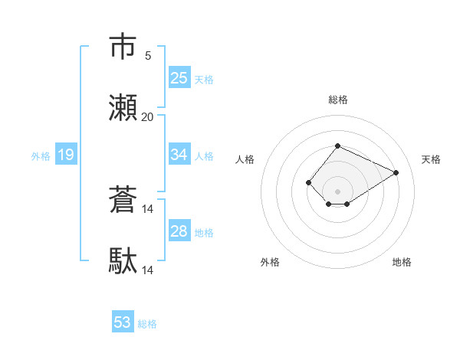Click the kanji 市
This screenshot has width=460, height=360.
[123, 47]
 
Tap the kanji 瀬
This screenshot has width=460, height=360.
[123, 108]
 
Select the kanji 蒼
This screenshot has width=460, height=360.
[123, 200]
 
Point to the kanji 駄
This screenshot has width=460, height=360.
[123, 261]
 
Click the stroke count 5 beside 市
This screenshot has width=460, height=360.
[148, 55]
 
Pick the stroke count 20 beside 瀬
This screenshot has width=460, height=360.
[148, 116]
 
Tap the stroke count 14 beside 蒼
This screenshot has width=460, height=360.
[148, 208]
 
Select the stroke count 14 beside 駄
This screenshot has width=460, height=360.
[148, 270]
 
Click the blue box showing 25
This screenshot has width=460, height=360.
[179, 77]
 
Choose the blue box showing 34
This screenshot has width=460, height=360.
[179, 155]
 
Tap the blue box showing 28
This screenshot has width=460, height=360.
[179, 231]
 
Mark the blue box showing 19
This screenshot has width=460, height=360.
[66, 155]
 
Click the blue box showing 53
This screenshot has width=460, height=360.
[123, 322]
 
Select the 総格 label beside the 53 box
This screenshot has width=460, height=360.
[147, 324]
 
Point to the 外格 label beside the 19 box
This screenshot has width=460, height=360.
[41, 156]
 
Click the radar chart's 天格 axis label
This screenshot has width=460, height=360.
[431, 159]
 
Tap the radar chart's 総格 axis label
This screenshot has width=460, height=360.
[337, 100]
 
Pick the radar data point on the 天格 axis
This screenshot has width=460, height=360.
[396, 172]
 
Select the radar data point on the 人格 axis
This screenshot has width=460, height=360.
[308, 182]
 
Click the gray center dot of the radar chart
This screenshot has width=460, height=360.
[337, 191]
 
